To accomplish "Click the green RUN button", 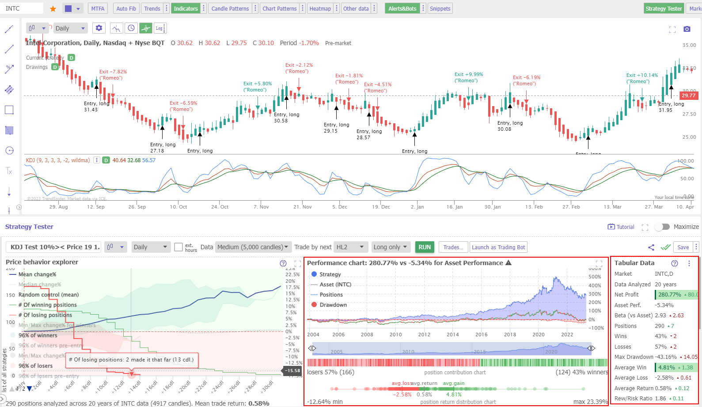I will point(425,247).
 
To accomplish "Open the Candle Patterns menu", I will point(230,8).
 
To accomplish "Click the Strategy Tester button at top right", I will point(663,8).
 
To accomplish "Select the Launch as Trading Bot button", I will point(498,247).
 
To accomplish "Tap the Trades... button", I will point(453,247).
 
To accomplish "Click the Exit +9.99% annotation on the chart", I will point(468,75).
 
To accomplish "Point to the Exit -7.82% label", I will point(113,72).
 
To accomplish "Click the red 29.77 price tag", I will point(688,95).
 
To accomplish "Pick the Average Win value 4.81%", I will point(667,367).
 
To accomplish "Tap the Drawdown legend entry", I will point(333,305).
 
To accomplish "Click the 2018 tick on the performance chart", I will point(510,335).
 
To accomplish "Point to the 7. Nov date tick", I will point(261,207).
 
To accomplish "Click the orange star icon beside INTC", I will point(53,8).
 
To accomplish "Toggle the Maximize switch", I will point(662,227).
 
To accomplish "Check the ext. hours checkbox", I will point(178,247).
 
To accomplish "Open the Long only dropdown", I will point(391,247).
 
